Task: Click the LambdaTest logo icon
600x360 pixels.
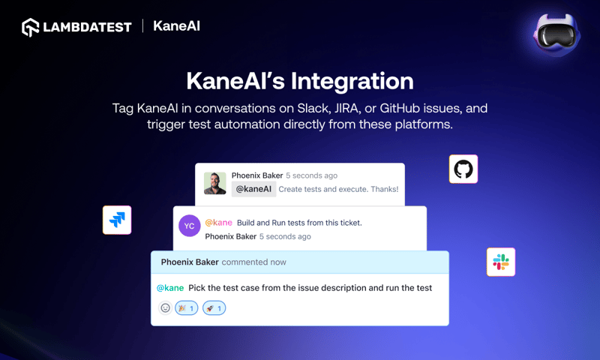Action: pos(31,28)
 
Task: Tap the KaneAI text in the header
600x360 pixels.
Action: pos(176,26)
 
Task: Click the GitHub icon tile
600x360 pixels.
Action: pos(463,169)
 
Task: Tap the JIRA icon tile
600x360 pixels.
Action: pos(117,220)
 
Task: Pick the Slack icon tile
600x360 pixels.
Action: pos(501,262)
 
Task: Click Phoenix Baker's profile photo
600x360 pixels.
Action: pos(215,184)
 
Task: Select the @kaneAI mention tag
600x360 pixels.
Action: pos(253,189)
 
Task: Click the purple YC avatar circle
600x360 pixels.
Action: pos(189,226)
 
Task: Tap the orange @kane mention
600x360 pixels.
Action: pos(218,223)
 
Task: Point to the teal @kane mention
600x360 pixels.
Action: pos(170,287)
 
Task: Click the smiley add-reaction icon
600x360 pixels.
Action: pos(165,307)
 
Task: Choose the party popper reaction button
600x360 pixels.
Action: pos(186,307)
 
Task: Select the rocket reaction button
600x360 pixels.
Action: pos(214,307)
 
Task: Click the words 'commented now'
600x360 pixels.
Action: pos(253,262)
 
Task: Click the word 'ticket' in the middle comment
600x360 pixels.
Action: pos(347,223)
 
